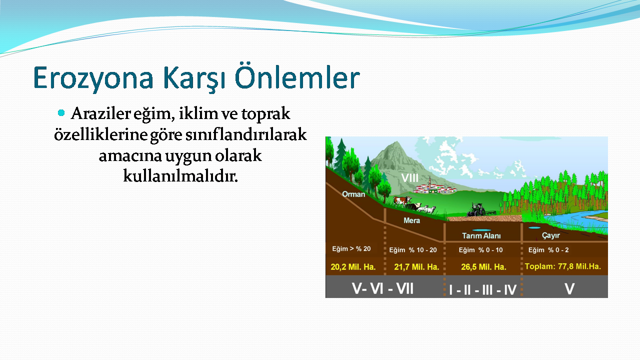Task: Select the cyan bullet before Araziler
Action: (61, 113)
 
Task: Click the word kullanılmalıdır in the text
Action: (180, 176)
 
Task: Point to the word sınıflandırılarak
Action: (246, 134)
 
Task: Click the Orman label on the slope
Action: (353, 194)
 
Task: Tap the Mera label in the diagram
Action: (411, 220)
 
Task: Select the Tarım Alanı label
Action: (481, 235)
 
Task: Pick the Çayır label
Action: (551, 235)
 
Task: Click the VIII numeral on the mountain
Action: (409, 178)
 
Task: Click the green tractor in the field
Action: (476, 209)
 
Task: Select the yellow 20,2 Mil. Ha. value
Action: (353, 267)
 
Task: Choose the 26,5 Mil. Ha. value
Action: (483, 267)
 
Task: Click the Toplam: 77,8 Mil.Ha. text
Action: (563, 266)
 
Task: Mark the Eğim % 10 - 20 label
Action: (413, 250)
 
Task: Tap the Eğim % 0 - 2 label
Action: (548, 250)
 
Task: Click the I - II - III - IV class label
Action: (482, 289)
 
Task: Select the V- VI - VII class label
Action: (382, 288)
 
